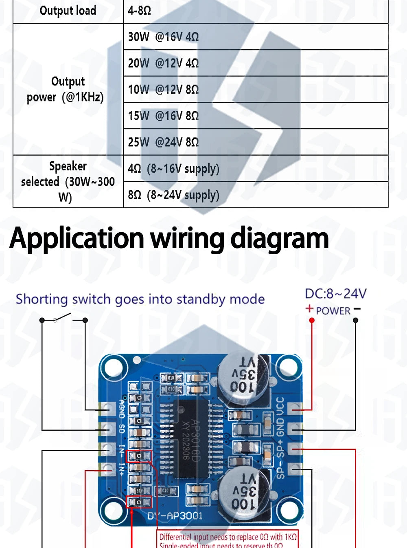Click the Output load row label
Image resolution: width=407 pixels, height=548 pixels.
[x=68, y=11]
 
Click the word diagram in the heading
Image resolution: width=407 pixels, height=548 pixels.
[x=279, y=238]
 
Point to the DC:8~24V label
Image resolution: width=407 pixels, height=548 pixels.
[x=335, y=294]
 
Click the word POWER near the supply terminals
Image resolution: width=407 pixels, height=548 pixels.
[x=333, y=311]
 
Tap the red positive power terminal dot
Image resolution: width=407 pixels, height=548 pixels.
[x=312, y=321]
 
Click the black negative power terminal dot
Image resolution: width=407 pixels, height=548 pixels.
[x=355, y=321]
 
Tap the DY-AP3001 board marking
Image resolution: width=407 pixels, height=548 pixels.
[x=175, y=516]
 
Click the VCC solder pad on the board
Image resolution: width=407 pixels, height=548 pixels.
[x=295, y=407]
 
